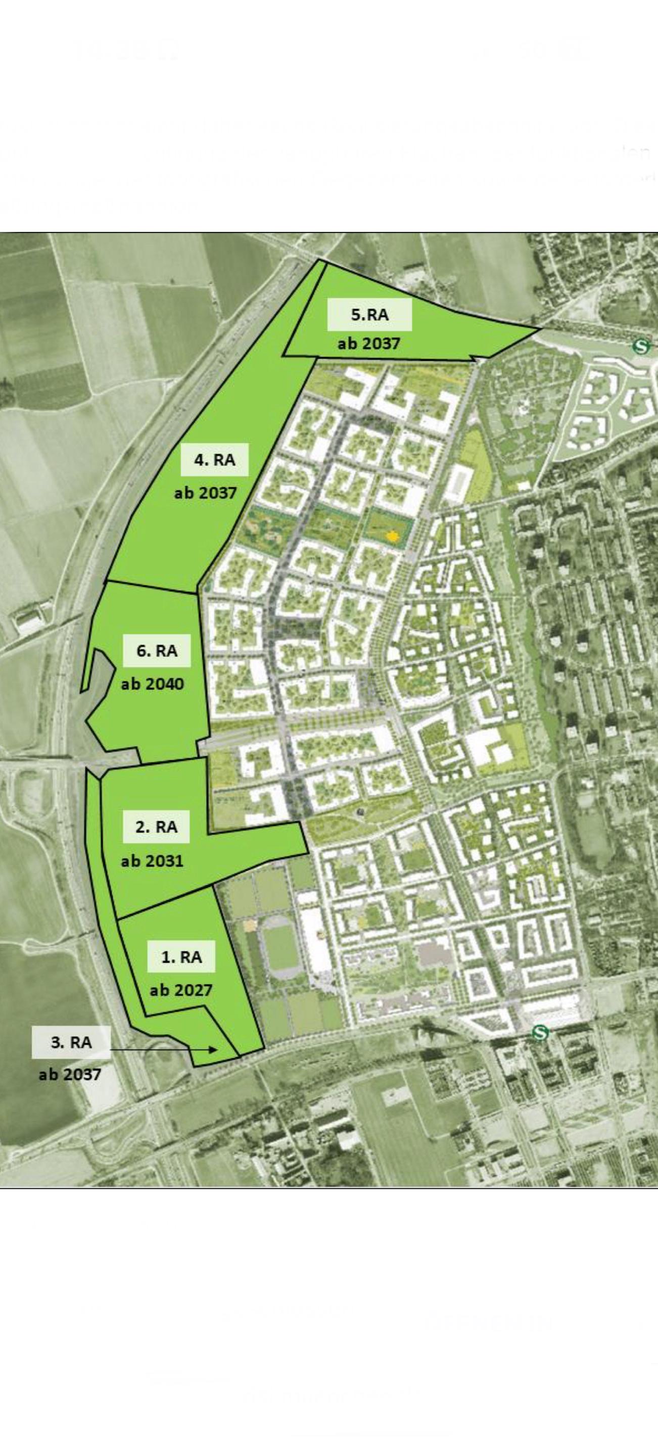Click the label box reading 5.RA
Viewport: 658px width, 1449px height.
pos(369,314)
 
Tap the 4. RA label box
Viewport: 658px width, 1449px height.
pos(214,460)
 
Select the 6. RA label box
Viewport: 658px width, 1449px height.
pos(157,651)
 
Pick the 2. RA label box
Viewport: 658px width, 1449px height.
pos(156,827)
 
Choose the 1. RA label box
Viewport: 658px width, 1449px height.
pos(181,957)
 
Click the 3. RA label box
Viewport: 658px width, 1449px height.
pos(71,1042)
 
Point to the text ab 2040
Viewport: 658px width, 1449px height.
pos(152,684)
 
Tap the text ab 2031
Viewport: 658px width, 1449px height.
pos(152,860)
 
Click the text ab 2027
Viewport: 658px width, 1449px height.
pos(181,990)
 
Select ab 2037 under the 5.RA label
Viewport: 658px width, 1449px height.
pos(369,343)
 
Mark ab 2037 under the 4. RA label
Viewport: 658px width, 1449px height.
pos(206,493)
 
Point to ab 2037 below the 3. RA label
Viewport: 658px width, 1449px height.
pos(70,1075)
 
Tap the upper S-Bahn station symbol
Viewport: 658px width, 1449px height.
pos(640,346)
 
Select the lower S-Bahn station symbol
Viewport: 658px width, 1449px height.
pos(540,1033)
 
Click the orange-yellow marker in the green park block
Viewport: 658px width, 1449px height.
pos(392,536)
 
